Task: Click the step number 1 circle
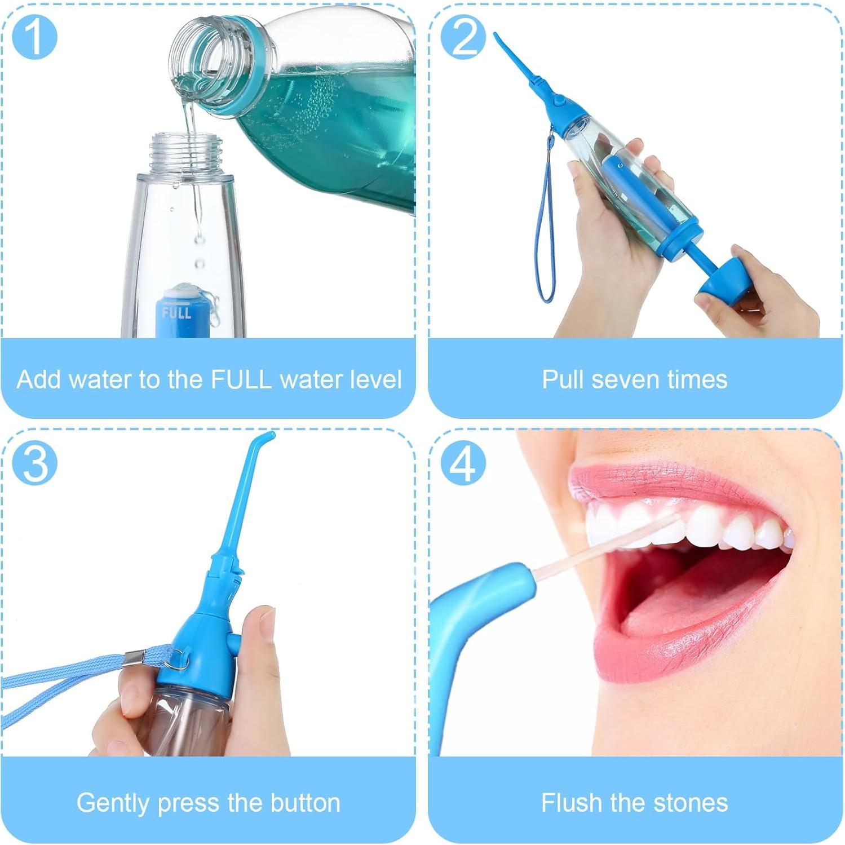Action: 34,37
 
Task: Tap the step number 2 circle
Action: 463,37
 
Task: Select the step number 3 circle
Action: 34,463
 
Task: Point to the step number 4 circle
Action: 463,463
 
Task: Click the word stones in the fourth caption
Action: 692,802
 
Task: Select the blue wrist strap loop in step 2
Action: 546,225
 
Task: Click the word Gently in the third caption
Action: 114,802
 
